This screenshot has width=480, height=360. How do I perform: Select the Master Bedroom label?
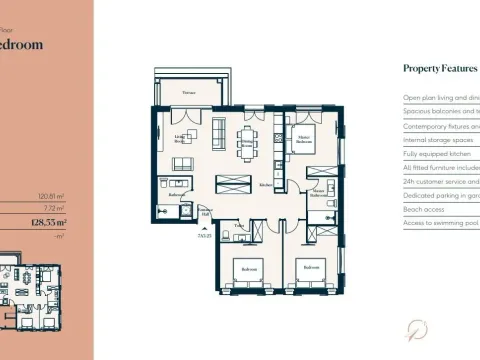(304, 142)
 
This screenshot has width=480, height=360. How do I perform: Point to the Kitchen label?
(266, 186)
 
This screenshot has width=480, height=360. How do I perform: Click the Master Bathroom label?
(318, 194)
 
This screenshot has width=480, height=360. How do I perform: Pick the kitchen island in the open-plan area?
(234, 183)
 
